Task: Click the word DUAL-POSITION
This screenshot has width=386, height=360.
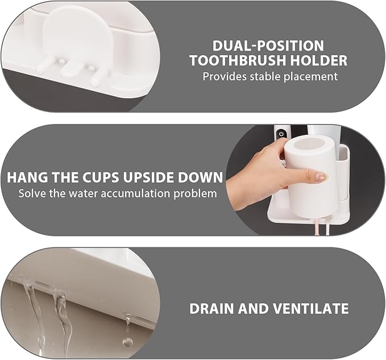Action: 268,45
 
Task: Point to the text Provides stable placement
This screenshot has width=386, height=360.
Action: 270,76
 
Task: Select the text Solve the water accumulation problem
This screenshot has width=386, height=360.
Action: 117,193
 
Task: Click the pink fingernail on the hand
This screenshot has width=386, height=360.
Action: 321,177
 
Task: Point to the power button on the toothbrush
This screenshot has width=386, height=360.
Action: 281,135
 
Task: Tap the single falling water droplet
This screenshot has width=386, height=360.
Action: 127,341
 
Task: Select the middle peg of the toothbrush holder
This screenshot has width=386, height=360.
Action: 69,69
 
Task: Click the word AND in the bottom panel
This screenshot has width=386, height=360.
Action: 258,309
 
